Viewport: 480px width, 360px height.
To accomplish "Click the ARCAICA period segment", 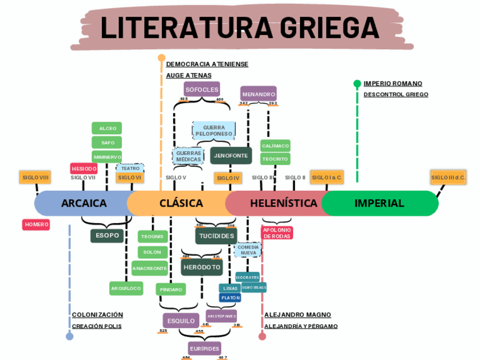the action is (83, 203).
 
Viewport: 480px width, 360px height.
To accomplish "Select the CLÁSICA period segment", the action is (181, 203).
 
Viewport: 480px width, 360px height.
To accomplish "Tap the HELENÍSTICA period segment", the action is (283, 203).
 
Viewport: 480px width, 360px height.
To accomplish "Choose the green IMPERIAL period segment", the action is (379, 203).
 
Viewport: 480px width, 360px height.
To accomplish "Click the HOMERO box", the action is (36, 225).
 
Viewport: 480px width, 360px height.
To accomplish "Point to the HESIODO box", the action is (84, 169).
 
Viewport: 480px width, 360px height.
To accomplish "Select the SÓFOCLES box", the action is (202, 89).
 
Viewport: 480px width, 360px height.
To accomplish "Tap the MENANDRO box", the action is (258, 94).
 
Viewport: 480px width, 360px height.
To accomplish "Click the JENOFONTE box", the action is (231, 155).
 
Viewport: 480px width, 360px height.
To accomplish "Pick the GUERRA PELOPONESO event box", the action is (213, 131).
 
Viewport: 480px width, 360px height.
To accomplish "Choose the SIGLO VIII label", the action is (36, 178).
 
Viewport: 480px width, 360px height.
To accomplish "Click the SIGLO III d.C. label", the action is (448, 178).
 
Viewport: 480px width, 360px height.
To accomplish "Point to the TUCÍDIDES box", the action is (216, 235).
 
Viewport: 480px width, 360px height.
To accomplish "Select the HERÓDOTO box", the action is (202, 267).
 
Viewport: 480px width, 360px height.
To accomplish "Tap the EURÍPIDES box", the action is (204, 349).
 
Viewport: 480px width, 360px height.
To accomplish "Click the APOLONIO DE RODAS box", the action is (277, 233).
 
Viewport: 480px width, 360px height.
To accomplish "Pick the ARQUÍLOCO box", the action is (126, 288).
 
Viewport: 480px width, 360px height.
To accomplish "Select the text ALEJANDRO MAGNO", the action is (298, 315).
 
